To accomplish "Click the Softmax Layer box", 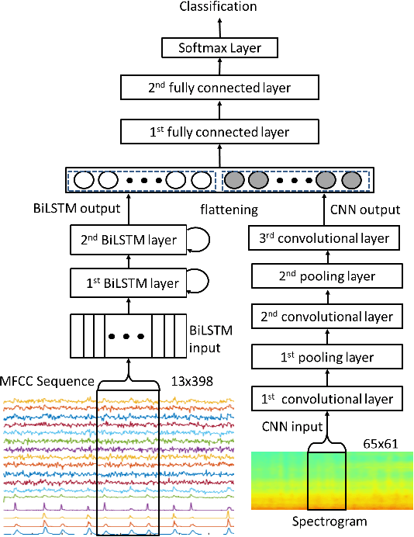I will (219, 49).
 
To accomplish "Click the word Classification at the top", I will (218, 7).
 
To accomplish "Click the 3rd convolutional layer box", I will (326, 237).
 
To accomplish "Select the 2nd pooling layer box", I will (326, 276).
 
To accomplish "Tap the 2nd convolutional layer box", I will (326, 317).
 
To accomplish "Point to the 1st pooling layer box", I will (326, 358).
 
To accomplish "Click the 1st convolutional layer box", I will (326, 399).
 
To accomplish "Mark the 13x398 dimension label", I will (191, 383).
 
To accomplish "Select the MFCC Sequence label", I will (47, 383).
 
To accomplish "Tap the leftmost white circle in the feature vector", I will (83, 181).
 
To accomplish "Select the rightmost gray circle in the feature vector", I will (351, 181).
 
